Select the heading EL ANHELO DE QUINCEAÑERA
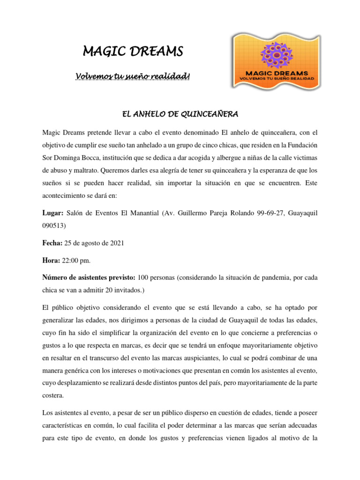[x=180, y=114]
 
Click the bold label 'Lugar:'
[x=53, y=213]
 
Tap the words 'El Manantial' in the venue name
[x=138, y=213]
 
